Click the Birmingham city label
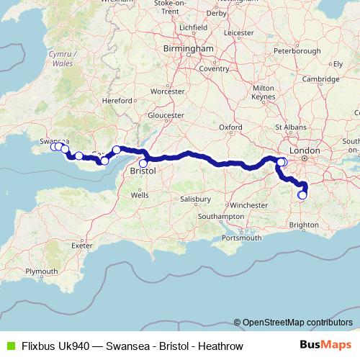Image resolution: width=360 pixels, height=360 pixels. click(190, 48)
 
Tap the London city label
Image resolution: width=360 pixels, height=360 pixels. click(310, 150)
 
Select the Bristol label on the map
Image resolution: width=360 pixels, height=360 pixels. click(143, 173)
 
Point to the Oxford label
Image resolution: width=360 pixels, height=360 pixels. click(230, 127)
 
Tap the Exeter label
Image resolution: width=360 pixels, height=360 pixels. click(83, 245)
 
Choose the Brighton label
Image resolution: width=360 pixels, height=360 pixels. click(304, 225)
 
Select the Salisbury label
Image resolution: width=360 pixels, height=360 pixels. click(195, 198)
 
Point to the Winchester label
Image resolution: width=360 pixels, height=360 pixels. click(249, 205)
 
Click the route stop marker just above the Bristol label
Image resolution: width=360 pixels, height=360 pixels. click(143, 163)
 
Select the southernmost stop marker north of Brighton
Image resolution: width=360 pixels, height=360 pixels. click(302, 194)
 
